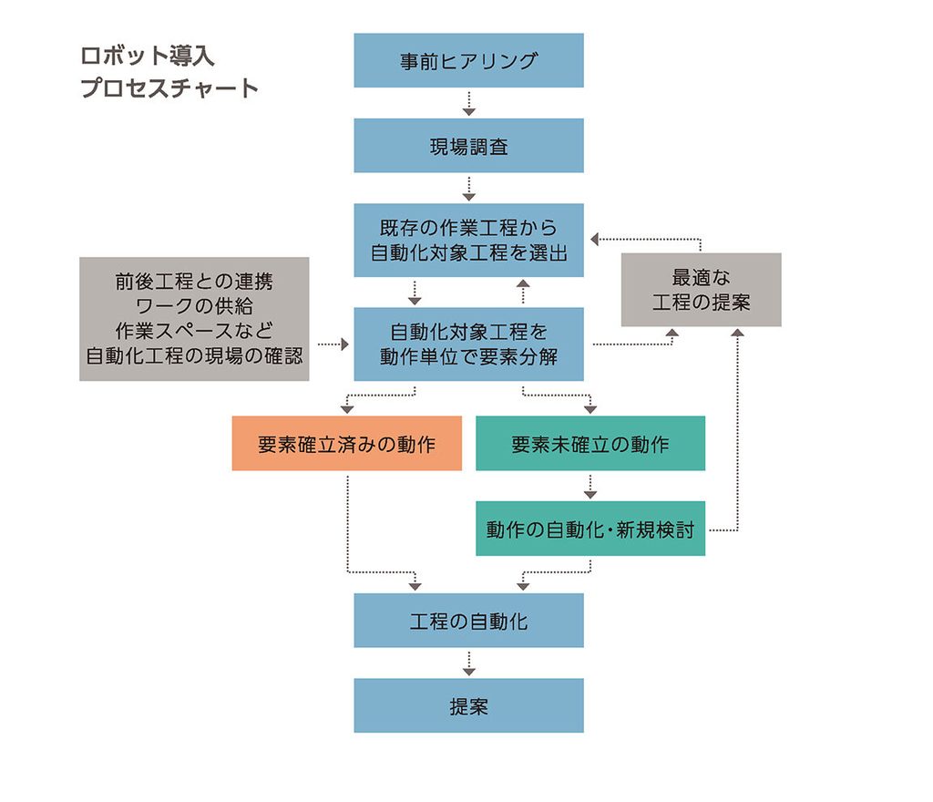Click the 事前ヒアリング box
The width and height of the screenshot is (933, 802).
(x=468, y=60)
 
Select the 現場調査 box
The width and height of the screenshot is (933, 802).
(x=468, y=146)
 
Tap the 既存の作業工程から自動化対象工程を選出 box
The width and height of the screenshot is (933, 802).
(x=468, y=240)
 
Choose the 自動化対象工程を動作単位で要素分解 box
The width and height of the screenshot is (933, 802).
(x=468, y=343)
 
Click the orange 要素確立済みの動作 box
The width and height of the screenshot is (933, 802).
(x=346, y=444)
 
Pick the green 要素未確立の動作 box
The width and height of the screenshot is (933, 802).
(x=590, y=444)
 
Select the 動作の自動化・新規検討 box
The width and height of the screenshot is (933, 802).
(x=590, y=529)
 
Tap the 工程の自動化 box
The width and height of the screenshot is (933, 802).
(x=468, y=621)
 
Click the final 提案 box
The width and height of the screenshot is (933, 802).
(x=468, y=705)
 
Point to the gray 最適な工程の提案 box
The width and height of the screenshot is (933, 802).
(x=701, y=289)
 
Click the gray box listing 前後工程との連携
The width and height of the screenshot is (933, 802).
(x=194, y=319)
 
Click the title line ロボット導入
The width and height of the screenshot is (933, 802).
(x=148, y=56)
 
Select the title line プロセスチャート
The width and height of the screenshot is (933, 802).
(x=169, y=88)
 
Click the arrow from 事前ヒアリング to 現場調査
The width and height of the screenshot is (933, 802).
(x=468, y=102)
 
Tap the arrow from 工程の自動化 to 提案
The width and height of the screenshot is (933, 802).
(x=468, y=663)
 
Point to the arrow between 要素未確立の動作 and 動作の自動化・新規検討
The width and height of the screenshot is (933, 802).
(x=590, y=486)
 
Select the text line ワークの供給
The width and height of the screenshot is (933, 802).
(x=193, y=306)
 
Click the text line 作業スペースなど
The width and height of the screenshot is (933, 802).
(x=193, y=331)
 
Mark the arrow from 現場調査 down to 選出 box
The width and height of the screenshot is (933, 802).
(x=468, y=188)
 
